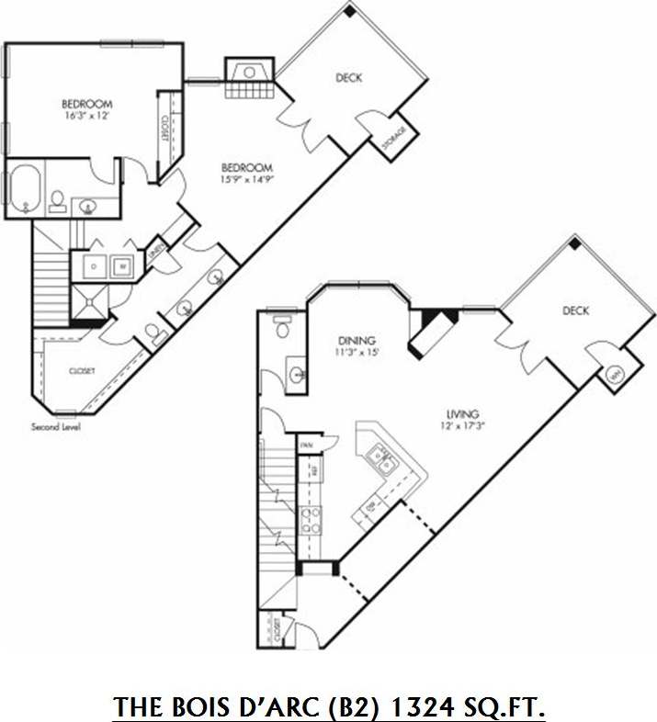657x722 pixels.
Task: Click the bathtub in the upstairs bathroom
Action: (26, 188)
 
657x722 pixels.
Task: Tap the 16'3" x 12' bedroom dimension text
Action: (87, 116)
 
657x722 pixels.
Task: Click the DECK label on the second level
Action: (348, 78)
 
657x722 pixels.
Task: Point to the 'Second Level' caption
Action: (56, 428)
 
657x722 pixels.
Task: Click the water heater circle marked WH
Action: (614, 376)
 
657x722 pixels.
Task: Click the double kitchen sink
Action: (380, 459)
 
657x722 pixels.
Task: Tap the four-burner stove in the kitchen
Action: (312, 521)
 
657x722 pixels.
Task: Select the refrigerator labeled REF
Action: (314, 471)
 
